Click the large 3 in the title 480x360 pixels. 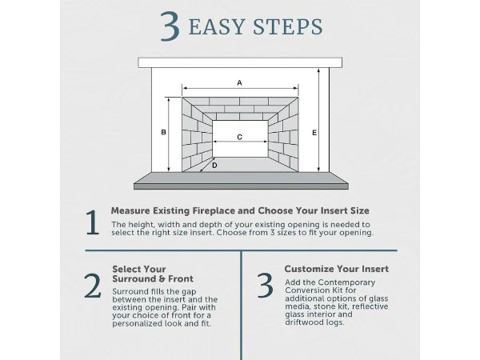click(170, 26)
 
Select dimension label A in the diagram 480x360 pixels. click(239, 82)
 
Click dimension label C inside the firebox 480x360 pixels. click(239, 138)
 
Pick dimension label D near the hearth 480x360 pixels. click(214, 166)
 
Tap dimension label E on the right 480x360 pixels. click(314, 132)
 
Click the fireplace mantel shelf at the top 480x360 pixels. click(239, 62)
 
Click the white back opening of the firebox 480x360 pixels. click(239, 149)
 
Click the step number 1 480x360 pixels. click(93, 222)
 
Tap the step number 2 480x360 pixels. click(93, 286)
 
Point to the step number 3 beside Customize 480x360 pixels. click(265, 286)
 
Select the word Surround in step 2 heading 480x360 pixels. click(132, 279)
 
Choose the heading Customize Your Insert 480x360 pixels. click(336, 269)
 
